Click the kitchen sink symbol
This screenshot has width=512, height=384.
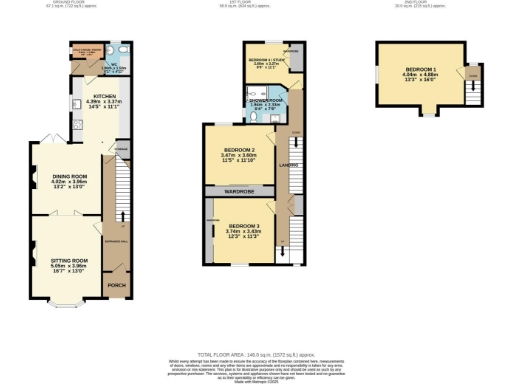tap(74, 103)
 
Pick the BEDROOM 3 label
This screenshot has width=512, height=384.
tap(243, 226)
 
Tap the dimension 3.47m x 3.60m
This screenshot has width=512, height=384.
tap(242, 155)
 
